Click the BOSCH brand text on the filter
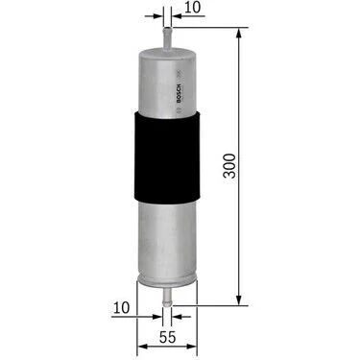pos(180,92)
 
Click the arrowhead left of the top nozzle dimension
pos(159,16)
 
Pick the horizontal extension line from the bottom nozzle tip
pos(211,299)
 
